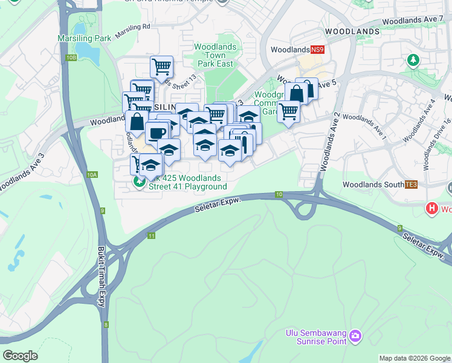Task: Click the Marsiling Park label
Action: [84, 38]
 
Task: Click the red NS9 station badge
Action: [317, 50]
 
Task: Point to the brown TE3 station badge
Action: [411, 184]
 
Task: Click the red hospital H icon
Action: [432, 209]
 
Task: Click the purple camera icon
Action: [355, 335]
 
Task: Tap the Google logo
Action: [20, 355]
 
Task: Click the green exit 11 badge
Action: [151, 235]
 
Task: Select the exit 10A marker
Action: [91, 175]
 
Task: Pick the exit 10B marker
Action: [71, 57]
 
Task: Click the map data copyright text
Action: [415, 358]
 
